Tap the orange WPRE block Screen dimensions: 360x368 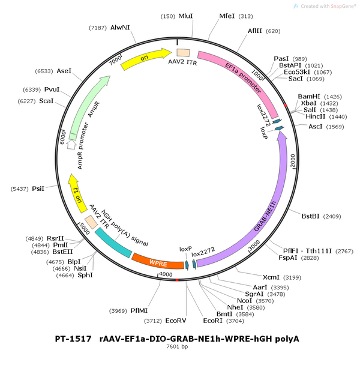point(158,262)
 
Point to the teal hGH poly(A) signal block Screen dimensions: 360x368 point(113,243)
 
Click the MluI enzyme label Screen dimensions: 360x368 point(186,16)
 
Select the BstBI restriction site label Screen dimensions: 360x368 point(311,216)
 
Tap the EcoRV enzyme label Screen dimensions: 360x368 point(176,321)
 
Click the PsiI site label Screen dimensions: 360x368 point(38,189)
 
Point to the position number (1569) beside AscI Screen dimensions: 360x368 point(335,127)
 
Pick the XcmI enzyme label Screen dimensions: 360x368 point(271,277)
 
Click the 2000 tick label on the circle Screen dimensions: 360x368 point(293,161)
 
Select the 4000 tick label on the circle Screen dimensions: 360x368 point(166,274)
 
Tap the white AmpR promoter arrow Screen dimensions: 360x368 point(71,144)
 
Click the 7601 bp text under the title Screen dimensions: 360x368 point(177,346)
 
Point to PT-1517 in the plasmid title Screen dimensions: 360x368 point(73,339)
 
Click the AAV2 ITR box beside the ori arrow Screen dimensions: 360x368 point(184,53)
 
